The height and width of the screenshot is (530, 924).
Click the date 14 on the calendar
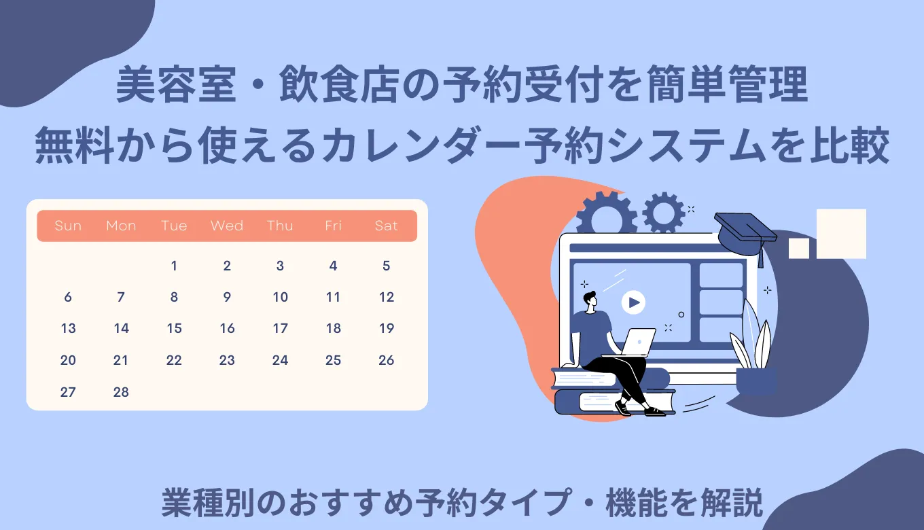121,329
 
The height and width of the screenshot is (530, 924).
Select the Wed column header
227,226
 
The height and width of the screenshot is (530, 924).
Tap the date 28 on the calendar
121,392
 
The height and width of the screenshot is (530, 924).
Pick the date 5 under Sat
386,266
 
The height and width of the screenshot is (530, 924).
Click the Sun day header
68,226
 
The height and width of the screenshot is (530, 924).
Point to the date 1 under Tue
174,266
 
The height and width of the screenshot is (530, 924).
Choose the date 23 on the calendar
227,361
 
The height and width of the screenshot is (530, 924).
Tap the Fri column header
333,226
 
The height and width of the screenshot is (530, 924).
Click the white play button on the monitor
633,302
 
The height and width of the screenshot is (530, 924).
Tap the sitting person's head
588,299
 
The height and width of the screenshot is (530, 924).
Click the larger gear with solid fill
606,213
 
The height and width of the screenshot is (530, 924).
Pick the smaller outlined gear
663,212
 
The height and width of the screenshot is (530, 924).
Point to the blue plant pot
756,381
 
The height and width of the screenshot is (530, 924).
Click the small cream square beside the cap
798,248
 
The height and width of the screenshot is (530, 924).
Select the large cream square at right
841,234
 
